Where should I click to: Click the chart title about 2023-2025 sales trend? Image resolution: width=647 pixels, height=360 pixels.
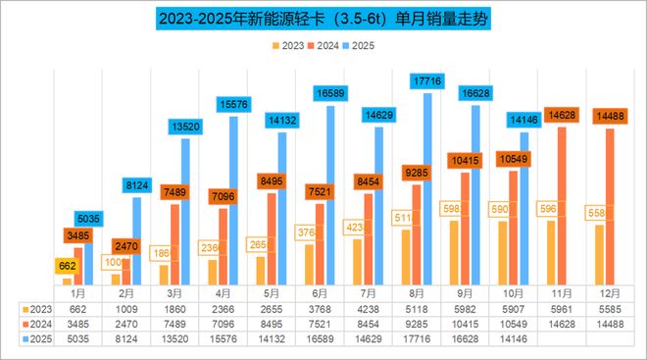323,19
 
